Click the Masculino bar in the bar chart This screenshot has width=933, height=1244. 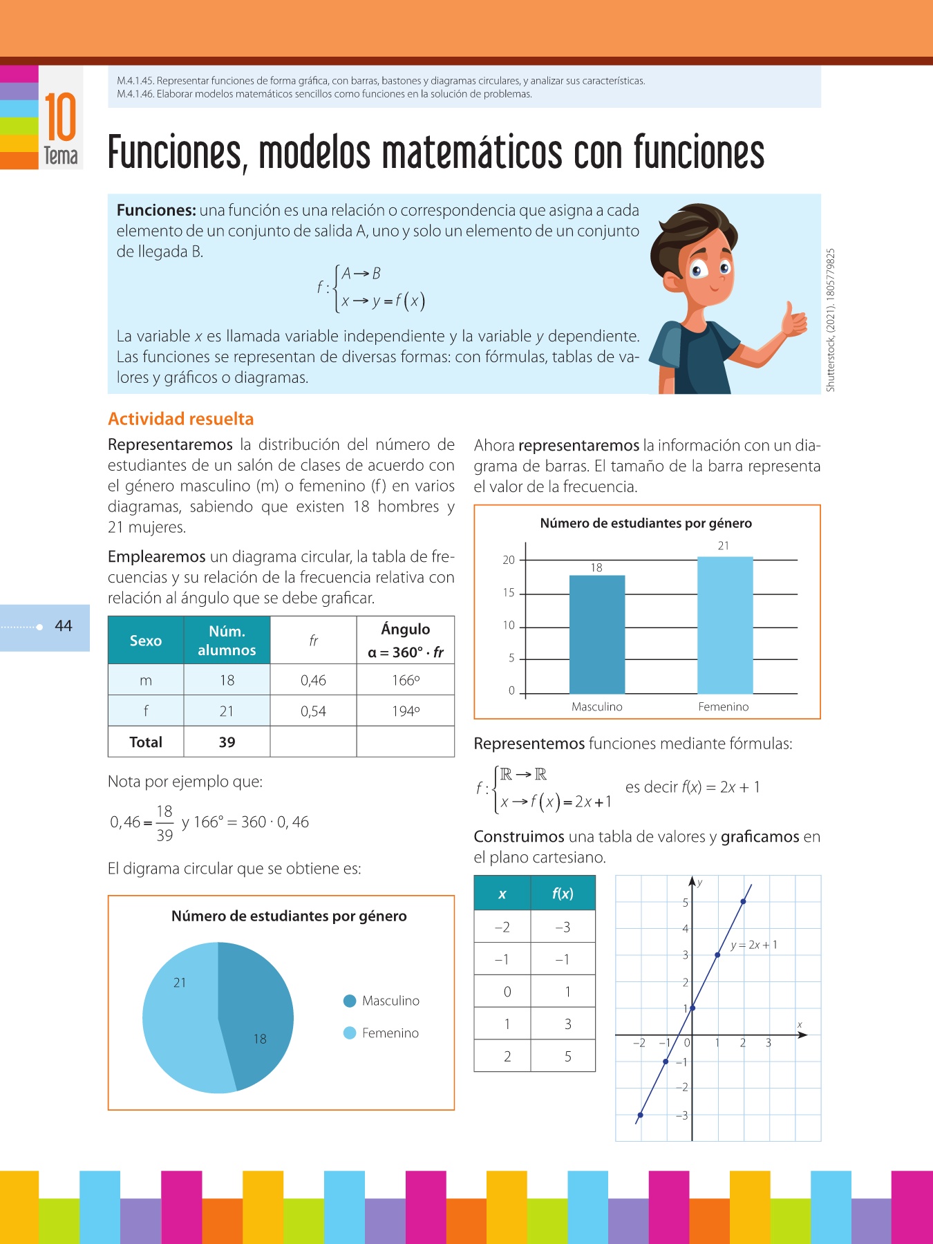coord(596,634)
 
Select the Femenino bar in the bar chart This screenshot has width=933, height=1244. coord(724,625)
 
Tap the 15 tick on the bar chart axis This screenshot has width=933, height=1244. coord(509,593)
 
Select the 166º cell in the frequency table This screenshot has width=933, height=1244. coord(406,680)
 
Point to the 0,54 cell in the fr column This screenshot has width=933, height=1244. coord(313,711)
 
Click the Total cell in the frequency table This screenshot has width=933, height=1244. coord(146,742)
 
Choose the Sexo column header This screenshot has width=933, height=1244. coord(146,641)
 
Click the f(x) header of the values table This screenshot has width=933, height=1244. coord(563,893)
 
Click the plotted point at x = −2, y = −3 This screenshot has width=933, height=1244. coord(641,1115)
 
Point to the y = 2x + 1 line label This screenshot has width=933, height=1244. coord(754,945)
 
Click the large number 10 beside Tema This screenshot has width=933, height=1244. coord(60,117)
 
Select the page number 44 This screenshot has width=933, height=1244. coord(64,626)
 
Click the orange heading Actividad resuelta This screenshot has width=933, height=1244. coord(181,419)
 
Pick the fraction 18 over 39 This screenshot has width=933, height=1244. coord(164,822)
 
